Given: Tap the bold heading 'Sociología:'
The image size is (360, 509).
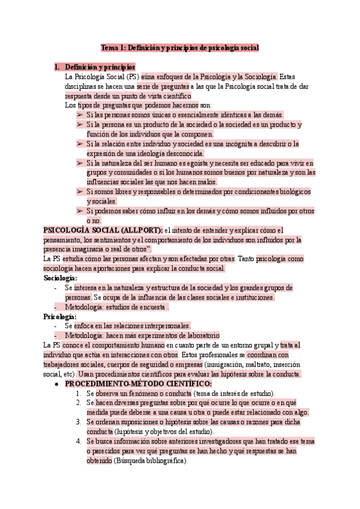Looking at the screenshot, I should (60, 279).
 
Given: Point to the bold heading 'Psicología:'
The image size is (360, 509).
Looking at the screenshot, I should (60, 316).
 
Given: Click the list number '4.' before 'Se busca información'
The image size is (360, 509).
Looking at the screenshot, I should (79, 442).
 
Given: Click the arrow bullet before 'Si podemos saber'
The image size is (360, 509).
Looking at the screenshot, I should (79, 211).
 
